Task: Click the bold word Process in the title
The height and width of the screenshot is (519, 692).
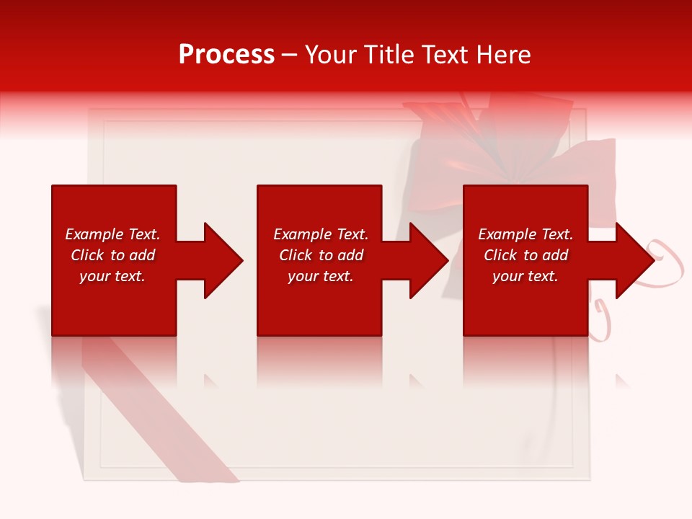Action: [x=226, y=55]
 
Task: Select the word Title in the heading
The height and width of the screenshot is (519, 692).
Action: [x=388, y=55]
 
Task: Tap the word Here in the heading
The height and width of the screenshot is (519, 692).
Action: [x=503, y=55]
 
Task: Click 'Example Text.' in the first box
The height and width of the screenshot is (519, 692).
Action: [x=112, y=234]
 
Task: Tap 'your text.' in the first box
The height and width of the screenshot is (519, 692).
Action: [x=112, y=276]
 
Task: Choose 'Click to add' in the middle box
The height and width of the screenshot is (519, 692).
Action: [x=321, y=255]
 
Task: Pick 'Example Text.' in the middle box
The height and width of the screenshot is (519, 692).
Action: [x=321, y=234]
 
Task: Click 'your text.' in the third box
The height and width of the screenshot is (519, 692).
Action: [x=525, y=276]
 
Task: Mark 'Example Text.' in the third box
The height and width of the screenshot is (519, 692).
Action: [x=525, y=234]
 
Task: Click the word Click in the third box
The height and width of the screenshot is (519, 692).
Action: [x=500, y=255]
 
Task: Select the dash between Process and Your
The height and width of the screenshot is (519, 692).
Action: [x=290, y=56]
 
